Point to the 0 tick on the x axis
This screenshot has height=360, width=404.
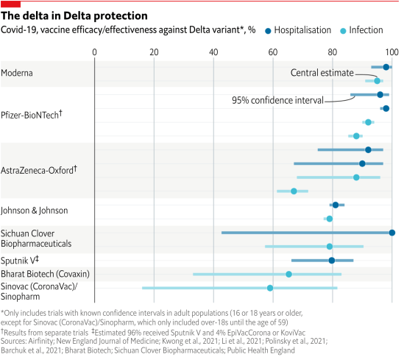pos(95,52)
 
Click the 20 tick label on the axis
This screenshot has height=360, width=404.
pos(154,52)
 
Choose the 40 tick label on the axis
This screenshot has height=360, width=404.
pos(213,52)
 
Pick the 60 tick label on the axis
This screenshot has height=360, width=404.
pos(273,52)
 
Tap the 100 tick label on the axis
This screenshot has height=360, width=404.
pos(391,52)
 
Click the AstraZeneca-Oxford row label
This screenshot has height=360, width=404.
pos(40,169)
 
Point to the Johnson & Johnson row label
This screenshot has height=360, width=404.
pos(35,211)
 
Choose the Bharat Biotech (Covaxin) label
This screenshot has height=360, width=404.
pos(45,273)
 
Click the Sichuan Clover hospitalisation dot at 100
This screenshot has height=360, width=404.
pos(391,233)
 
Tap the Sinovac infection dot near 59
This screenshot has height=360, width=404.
pos(270,288)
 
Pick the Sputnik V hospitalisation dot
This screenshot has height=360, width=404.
pos(332,260)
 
